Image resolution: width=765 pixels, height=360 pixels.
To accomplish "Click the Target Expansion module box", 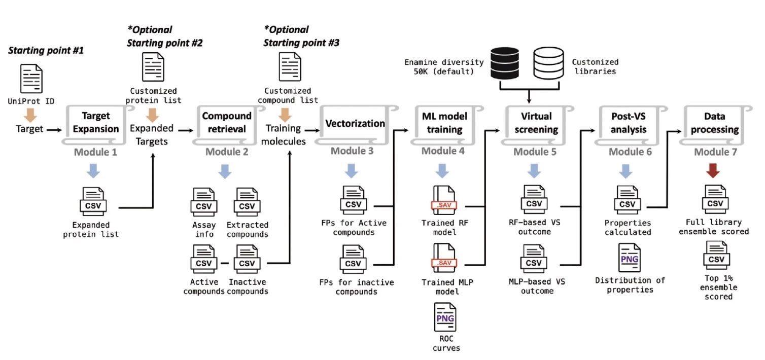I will click(95, 123).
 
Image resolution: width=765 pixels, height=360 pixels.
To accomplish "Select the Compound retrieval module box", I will click(226, 123).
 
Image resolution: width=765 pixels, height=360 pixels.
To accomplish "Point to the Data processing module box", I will click(714, 123).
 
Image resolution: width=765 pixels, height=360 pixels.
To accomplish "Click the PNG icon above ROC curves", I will click(444, 317).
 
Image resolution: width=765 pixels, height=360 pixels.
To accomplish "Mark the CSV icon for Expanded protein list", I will click(93, 202).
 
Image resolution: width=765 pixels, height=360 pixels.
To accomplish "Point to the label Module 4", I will click(443, 151).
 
